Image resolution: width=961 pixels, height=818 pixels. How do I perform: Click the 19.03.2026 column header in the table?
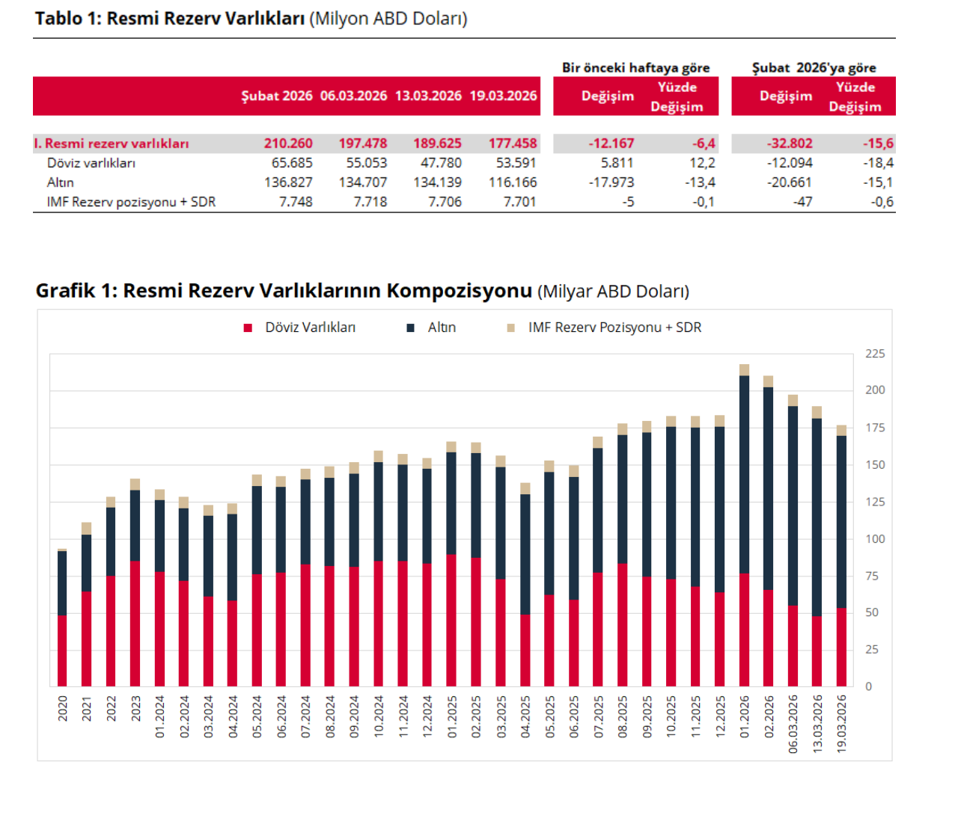tap(503, 96)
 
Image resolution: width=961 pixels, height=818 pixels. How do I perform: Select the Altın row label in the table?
tap(61, 182)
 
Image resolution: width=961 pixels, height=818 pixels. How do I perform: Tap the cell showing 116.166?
tap(513, 182)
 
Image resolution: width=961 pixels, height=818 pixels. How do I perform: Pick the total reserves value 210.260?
tap(288, 144)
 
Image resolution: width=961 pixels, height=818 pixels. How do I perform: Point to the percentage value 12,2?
tap(702, 163)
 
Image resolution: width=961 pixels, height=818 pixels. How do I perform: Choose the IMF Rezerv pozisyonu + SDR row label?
tap(131, 202)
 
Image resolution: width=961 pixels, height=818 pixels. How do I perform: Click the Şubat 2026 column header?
tap(277, 96)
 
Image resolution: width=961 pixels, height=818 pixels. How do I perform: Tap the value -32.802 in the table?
tap(790, 144)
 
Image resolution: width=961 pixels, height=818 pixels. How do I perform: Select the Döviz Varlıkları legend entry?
tap(310, 327)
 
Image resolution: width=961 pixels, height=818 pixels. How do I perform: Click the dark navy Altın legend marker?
tap(410, 328)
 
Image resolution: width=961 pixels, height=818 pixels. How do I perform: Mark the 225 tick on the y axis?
tap(874, 354)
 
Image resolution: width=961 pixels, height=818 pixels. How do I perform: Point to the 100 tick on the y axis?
tap(874, 538)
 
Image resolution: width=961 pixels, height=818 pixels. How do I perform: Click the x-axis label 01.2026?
tap(744, 717)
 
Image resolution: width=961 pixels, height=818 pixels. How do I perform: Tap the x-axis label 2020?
tap(63, 708)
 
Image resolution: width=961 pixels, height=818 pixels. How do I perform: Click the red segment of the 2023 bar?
tap(135, 624)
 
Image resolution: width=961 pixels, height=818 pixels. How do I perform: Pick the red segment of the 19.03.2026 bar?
tap(841, 647)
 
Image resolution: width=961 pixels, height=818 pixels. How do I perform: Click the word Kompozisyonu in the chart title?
tap(459, 291)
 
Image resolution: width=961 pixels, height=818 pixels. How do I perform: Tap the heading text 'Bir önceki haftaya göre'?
tap(635, 67)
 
